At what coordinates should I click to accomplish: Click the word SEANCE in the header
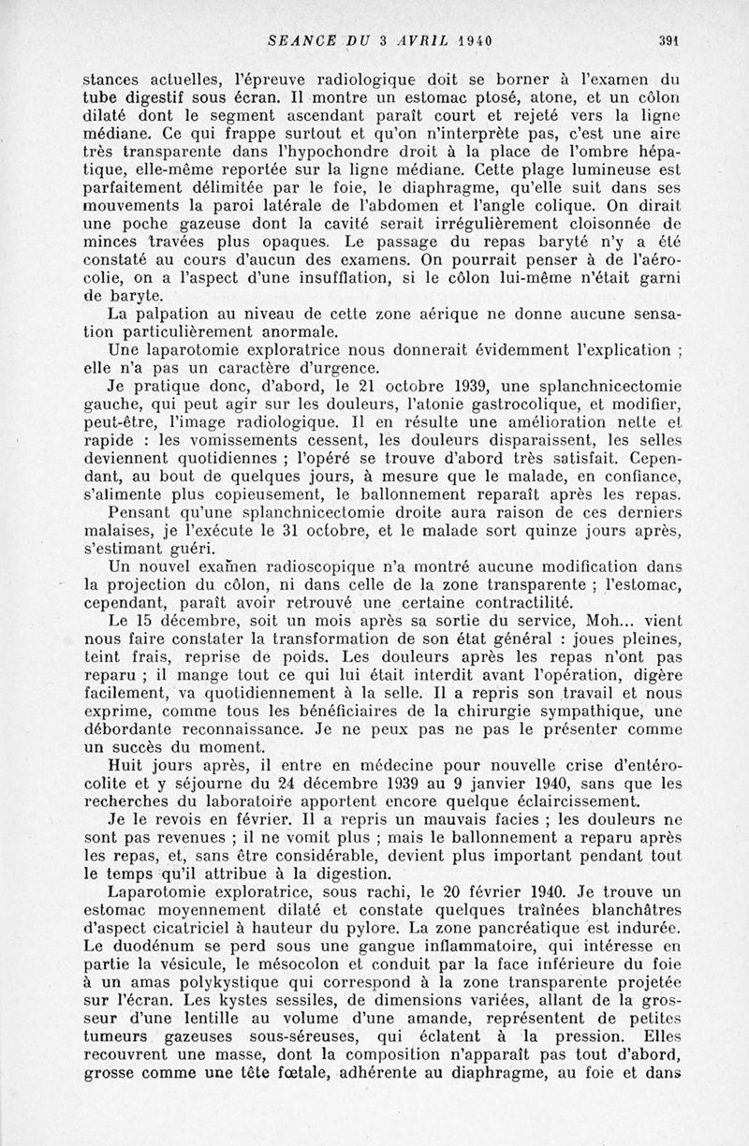pos(298,39)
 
